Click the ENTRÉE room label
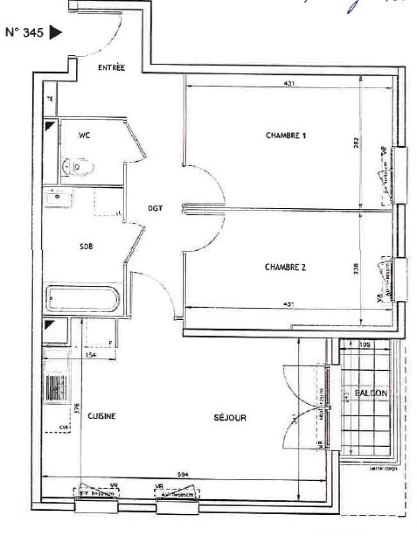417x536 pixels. tap(111, 68)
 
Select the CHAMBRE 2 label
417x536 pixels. tap(285, 267)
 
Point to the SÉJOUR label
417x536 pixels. tap(230, 417)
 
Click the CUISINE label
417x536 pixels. tap(102, 416)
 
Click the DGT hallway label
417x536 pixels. tap(155, 209)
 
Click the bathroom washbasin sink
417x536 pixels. tap(59, 199)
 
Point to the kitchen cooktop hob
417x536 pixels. tap(56, 388)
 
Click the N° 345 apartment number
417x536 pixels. tap(24, 34)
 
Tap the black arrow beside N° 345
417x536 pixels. tap(56, 33)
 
